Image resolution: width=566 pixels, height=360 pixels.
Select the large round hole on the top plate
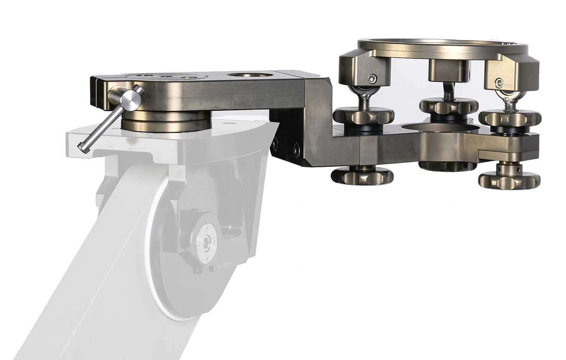(250, 76)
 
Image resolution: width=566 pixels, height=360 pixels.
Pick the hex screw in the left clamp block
(373, 78)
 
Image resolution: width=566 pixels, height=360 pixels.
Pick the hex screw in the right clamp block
(500, 82)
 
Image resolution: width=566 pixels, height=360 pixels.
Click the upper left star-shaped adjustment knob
(358, 116)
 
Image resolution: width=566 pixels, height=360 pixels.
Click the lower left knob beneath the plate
(362, 175)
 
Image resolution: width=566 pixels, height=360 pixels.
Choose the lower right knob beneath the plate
(509, 180)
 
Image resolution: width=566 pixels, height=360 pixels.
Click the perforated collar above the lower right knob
(509, 168)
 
